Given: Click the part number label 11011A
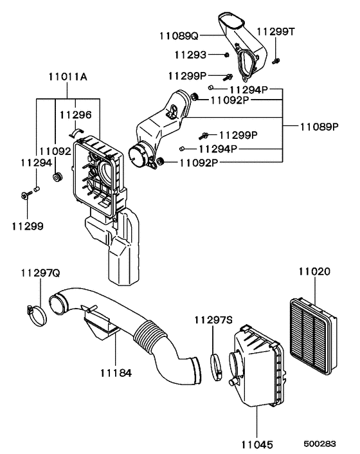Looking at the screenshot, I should tap(68, 77).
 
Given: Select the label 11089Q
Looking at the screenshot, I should tap(181, 37).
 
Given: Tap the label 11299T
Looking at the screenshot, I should tap(275, 31).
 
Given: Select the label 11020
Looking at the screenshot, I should tap(314, 272).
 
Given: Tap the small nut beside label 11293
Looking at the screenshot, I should tap(228, 55).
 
